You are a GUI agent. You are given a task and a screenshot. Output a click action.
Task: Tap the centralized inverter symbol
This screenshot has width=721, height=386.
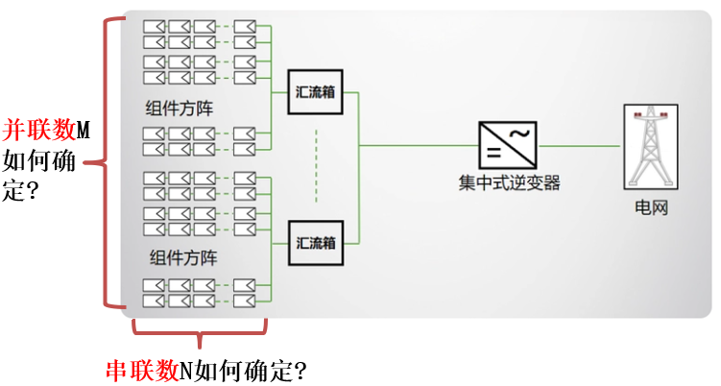click(x=508, y=145)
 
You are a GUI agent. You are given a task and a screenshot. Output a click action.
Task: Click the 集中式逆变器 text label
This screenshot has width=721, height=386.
click(x=509, y=181)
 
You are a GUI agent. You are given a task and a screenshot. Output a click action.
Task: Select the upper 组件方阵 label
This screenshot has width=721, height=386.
click(x=181, y=109)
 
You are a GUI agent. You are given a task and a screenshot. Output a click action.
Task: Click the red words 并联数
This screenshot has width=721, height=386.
click(x=38, y=128)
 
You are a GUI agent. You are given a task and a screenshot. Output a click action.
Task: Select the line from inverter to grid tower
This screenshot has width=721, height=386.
click(x=581, y=145)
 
